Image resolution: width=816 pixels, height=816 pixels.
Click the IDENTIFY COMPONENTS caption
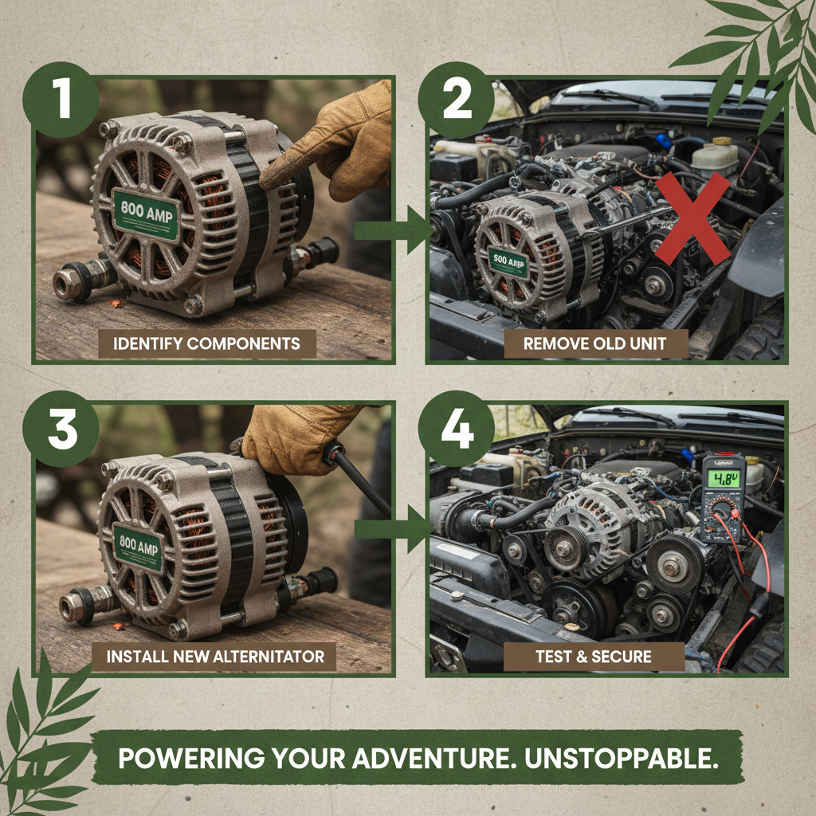[x=207, y=344]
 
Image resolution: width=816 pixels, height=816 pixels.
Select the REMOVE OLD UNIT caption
[x=594, y=344]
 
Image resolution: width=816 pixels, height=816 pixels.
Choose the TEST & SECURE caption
[x=594, y=657]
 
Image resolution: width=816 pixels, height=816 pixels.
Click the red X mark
[x=692, y=218]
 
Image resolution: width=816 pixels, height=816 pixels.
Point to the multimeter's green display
[x=723, y=479]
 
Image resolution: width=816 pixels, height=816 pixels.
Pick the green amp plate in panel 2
[x=509, y=262]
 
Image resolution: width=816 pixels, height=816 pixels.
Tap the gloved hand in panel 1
[x=335, y=139]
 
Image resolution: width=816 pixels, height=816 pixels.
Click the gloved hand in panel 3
[x=299, y=438]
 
